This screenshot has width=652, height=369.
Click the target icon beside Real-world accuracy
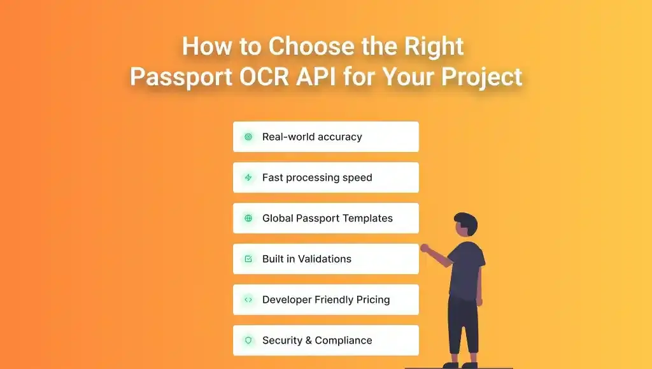pos(248,137)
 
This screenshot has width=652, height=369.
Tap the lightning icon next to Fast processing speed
pos(248,178)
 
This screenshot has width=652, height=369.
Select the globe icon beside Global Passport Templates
pos(248,218)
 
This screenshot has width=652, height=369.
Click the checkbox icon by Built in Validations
pos(248,259)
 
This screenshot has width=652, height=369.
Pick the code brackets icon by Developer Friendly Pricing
pos(248,300)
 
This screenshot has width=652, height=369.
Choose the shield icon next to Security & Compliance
pos(248,340)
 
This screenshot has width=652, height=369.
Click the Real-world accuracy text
pos(312,137)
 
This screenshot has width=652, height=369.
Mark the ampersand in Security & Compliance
pos(308,340)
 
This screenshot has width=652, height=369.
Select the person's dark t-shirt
pos(466,267)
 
